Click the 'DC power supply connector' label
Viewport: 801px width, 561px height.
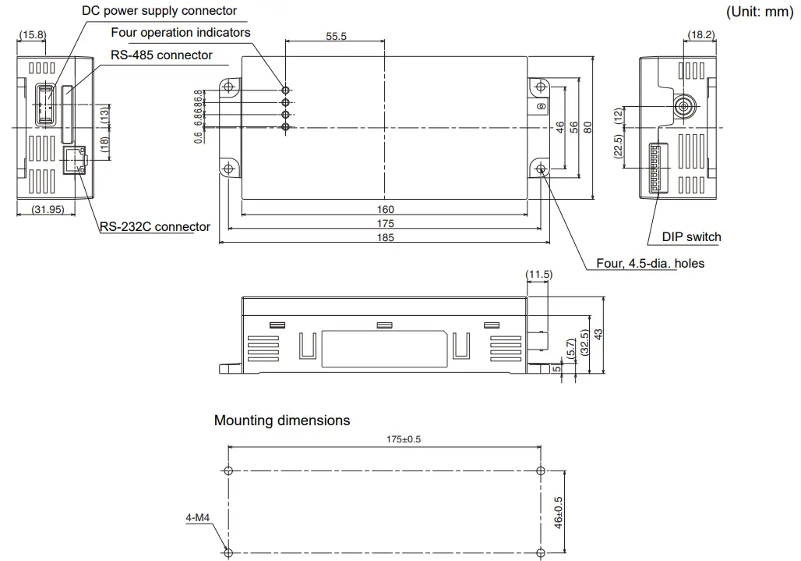click(159, 11)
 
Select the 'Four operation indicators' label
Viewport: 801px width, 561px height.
click(180, 33)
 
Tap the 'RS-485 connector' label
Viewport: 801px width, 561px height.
click(162, 55)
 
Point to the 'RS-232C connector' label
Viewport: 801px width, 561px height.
click(155, 227)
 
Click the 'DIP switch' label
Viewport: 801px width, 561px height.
click(691, 237)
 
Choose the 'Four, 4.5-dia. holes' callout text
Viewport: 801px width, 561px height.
click(650, 264)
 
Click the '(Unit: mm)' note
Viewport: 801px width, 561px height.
click(759, 12)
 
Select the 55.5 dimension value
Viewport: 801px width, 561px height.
click(337, 37)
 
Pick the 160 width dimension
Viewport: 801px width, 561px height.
click(385, 209)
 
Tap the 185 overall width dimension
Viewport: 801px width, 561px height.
click(385, 237)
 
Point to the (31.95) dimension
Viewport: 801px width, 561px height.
click(47, 209)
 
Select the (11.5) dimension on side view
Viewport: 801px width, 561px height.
click(538, 275)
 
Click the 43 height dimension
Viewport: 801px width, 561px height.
click(599, 334)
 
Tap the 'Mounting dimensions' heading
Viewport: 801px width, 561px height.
click(282, 421)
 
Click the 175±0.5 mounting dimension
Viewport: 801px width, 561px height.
click(404, 439)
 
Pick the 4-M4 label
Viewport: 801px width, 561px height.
click(197, 517)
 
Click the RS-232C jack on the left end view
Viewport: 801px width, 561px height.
click(75, 160)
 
